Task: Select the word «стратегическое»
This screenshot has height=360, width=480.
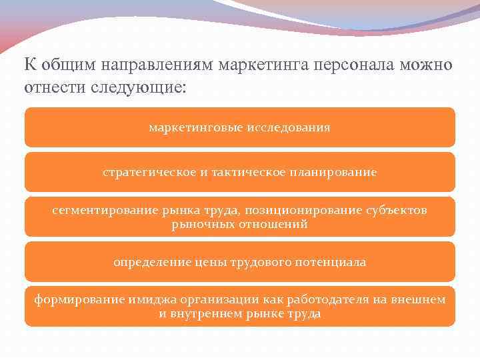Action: click(146, 172)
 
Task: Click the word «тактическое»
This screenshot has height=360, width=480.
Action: click(243, 172)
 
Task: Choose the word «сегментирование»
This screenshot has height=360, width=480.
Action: click(105, 211)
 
